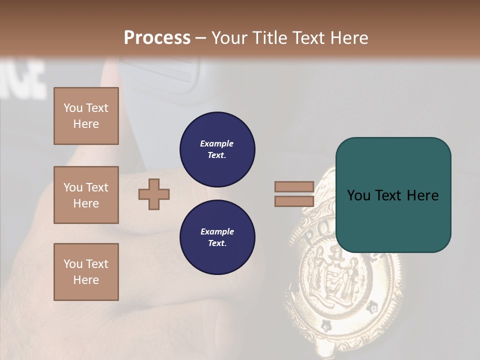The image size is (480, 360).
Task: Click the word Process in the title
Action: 157,38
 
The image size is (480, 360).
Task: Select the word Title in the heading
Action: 268,38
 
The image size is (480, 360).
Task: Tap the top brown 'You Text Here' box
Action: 86,116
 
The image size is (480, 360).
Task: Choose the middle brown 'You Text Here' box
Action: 86,195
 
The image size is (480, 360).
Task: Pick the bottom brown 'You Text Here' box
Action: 86,272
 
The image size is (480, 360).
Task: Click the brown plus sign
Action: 154,194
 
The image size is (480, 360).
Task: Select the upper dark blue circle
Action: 217,149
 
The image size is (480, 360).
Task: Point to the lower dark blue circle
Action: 217,237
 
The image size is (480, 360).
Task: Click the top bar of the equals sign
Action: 294,186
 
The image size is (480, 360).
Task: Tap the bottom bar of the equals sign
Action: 294,201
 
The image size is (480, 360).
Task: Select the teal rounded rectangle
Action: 393,195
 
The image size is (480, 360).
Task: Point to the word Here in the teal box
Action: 422,195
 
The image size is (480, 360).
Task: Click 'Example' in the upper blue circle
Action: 217,144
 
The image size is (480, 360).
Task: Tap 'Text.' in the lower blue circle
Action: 217,243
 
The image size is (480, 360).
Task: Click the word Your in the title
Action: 229,38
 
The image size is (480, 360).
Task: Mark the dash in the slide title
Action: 200,38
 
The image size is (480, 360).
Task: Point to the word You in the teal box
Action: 359,195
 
